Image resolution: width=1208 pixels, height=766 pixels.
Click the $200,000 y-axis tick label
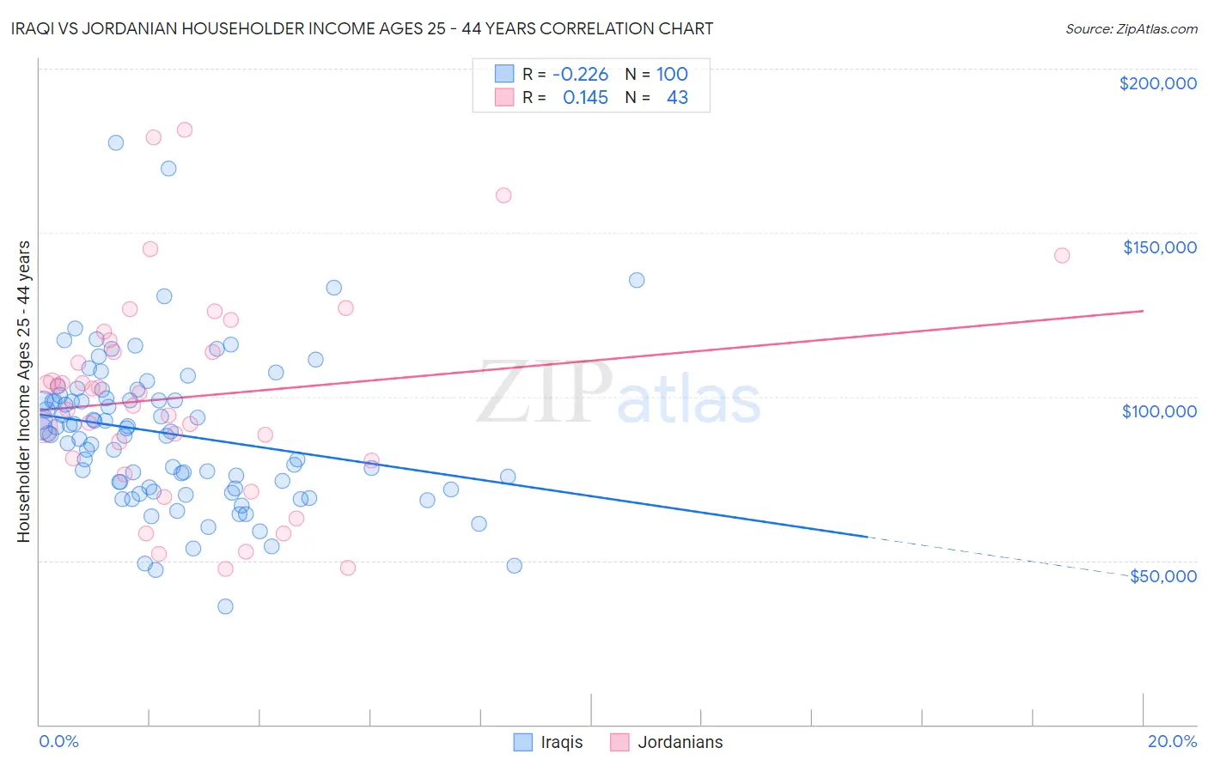click(1157, 83)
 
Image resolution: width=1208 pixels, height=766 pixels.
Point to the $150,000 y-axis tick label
click(1159, 247)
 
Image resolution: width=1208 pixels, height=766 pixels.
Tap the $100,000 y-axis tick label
click(1159, 411)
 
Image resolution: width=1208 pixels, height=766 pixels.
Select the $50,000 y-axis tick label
click(1162, 576)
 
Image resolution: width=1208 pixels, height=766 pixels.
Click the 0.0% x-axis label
click(58, 741)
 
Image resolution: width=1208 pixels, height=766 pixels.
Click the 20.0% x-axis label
click(1172, 741)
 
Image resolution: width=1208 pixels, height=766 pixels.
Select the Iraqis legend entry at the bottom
click(548, 742)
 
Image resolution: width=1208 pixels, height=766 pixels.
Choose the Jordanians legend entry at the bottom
click(667, 742)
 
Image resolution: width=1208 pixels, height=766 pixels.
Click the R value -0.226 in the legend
click(580, 75)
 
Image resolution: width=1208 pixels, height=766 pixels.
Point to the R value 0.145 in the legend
click(585, 98)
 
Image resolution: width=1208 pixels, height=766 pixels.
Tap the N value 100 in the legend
click(672, 75)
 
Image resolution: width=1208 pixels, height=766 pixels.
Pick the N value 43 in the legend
click(677, 98)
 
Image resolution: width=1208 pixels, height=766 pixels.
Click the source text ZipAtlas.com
click(1131, 29)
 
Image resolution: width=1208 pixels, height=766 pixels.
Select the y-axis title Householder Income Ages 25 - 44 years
click(24, 391)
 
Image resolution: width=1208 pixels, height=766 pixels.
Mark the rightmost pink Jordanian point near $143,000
click(1062, 255)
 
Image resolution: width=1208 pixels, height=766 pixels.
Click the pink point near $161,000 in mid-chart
click(503, 195)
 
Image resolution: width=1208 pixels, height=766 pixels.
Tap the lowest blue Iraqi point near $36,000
click(225, 606)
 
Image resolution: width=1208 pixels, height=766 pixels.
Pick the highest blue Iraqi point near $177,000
click(116, 143)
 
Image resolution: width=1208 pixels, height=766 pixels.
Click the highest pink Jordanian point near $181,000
click(184, 130)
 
